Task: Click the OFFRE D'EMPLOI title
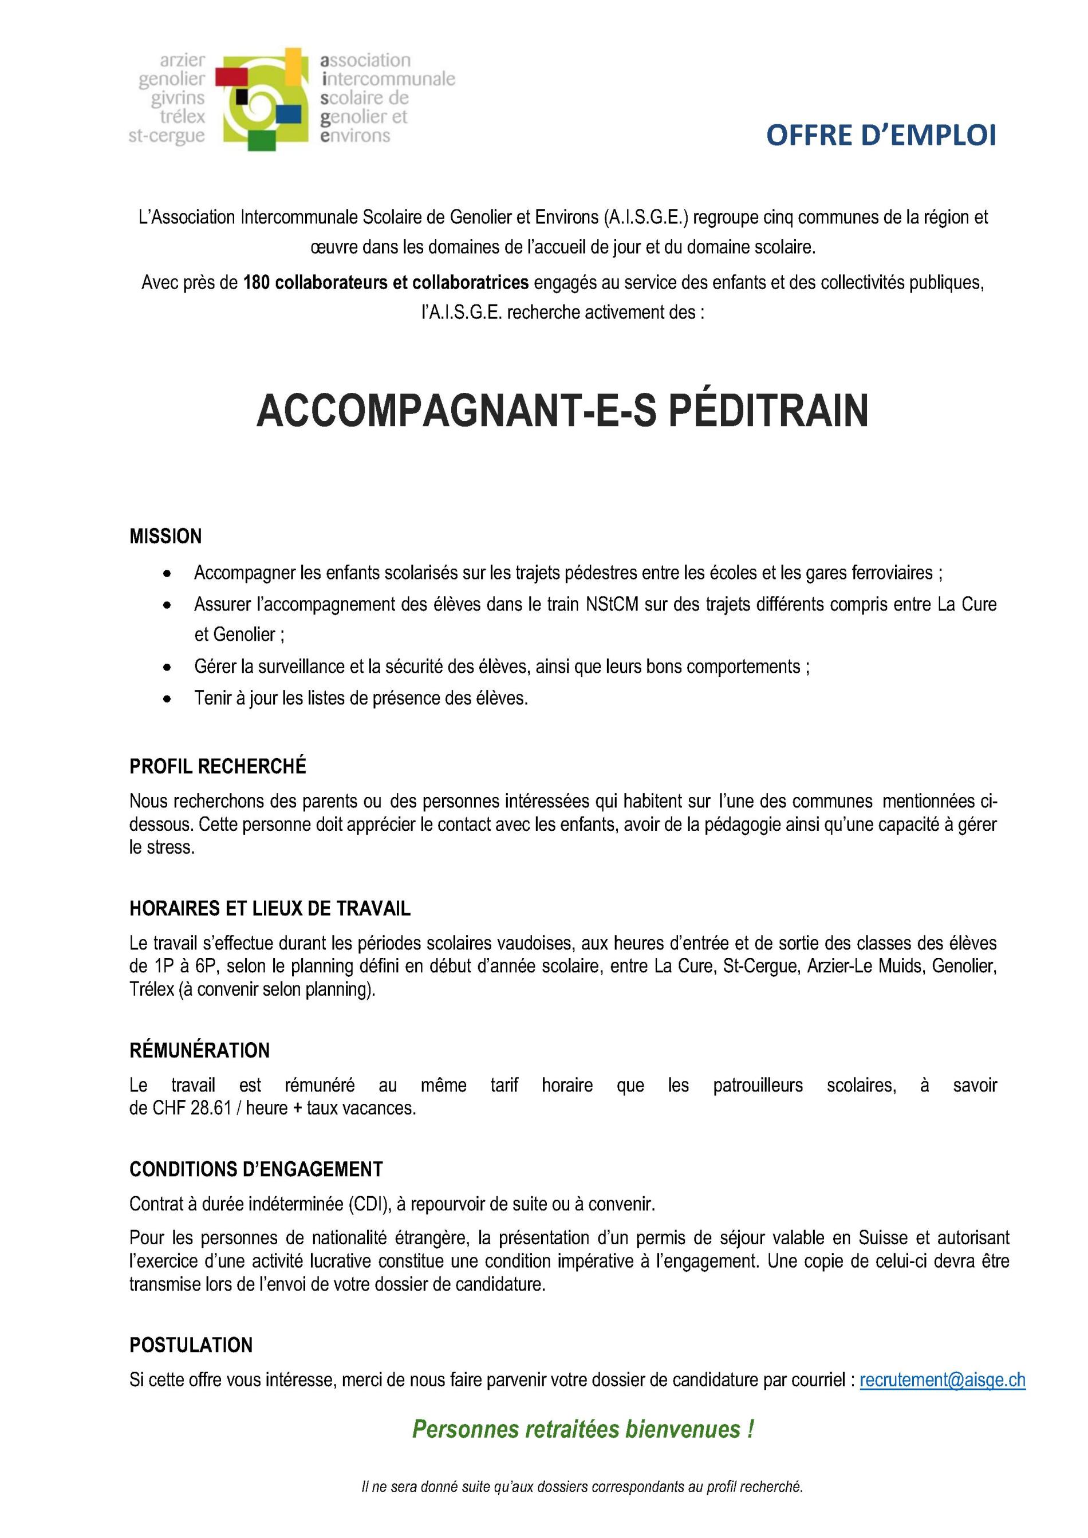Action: click(880, 136)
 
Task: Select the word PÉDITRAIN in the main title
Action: click(768, 411)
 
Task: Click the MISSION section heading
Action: click(165, 536)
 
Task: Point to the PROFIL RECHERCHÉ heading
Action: click(218, 766)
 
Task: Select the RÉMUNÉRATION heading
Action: click(200, 1050)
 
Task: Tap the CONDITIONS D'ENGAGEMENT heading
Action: click(256, 1170)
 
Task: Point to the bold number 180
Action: click(256, 283)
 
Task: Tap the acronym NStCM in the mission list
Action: click(614, 604)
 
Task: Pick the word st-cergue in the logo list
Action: click(167, 136)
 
